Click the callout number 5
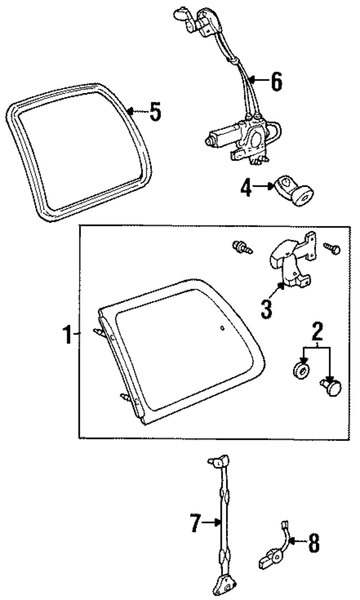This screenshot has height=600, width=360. point(155,112)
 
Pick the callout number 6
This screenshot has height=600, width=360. point(275,82)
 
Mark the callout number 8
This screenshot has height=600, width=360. point(313,543)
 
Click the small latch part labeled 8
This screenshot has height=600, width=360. point(270,559)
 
